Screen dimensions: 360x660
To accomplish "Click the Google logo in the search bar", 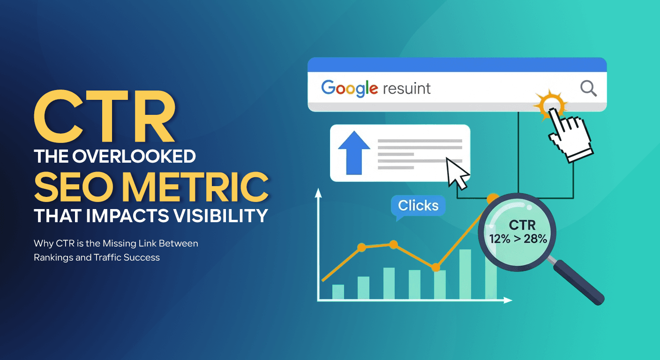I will coord(349,88).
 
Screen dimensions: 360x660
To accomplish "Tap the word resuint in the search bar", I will coord(406,88).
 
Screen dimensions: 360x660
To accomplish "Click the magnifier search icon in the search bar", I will coord(588,88).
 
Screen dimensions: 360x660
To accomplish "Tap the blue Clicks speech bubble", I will coord(418,206).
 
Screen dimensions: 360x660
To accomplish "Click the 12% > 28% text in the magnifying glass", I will coord(518,239).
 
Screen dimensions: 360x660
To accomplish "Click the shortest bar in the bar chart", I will coord(338,292).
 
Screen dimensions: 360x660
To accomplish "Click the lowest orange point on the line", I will coord(436,267).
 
